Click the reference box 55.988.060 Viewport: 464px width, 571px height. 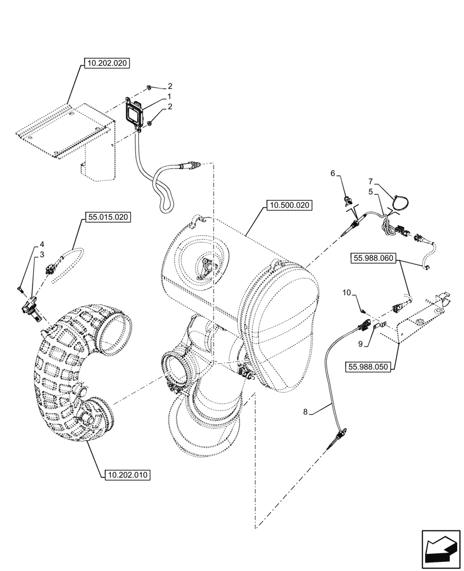tap(374, 259)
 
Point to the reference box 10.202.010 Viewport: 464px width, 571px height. tap(127, 474)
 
